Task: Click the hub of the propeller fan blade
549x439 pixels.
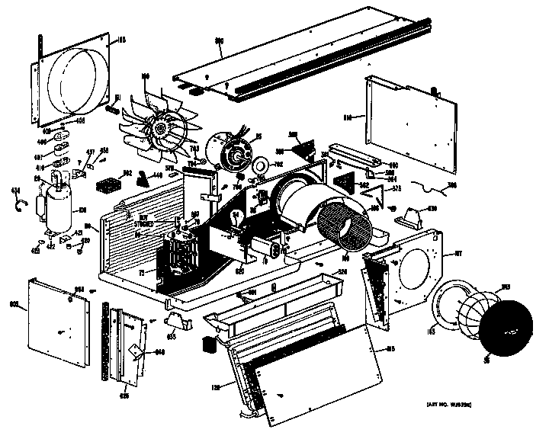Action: click(x=162, y=132)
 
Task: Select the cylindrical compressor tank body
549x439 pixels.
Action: click(x=58, y=203)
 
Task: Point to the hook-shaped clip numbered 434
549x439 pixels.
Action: click(x=22, y=203)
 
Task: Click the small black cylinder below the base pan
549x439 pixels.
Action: click(x=206, y=344)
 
